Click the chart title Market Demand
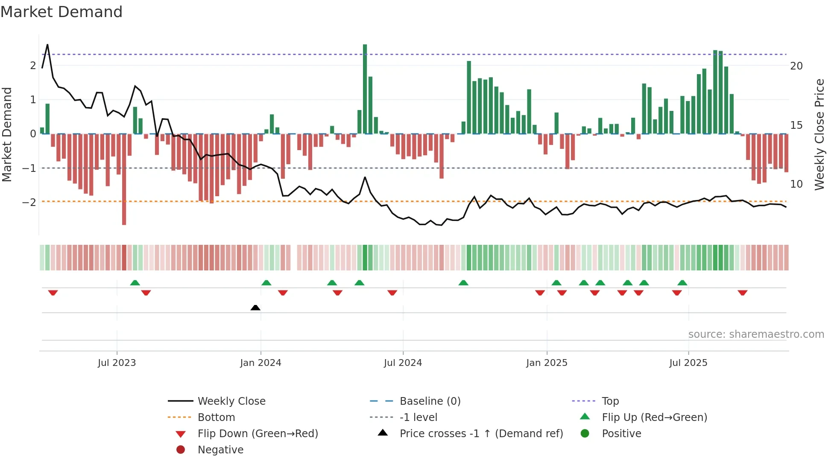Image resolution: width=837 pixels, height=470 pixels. coord(61,12)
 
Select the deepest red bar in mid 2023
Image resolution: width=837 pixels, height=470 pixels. coord(124,179)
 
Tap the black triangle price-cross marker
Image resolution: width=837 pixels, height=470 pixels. coord(255,308)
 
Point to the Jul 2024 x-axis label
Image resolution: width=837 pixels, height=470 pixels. coord(403,363)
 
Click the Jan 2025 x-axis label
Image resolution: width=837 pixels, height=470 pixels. coord(547,363)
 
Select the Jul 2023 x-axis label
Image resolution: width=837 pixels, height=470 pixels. coord(117,363)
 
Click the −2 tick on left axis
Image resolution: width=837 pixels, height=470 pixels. coord(29,202)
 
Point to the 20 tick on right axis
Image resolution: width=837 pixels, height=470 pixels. coord(796,66)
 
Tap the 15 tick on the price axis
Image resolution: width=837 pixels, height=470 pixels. coord(796,125)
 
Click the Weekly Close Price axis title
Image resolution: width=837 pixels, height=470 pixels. coord(819,134)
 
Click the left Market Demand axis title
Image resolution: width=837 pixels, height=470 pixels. coord(7,134)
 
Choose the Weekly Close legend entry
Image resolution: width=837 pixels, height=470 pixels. coord(231,401)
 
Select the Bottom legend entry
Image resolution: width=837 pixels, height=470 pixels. coord(216,417)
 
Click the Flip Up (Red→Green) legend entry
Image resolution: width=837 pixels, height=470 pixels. coord(654,417)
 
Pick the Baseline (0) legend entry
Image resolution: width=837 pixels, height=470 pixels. coord(430,401)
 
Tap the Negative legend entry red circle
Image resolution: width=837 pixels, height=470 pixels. coord(181,450)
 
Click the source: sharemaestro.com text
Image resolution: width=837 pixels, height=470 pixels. coord(756,334)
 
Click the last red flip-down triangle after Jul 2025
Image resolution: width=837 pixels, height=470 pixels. coord(742,293)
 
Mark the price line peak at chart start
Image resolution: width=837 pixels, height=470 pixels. coord(47,45)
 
